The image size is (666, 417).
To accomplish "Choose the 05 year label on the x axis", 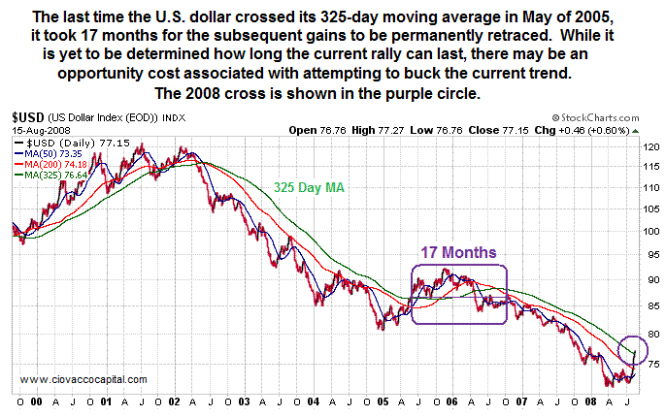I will pos(384,400).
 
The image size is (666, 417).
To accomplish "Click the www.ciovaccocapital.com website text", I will pos(82,379).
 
